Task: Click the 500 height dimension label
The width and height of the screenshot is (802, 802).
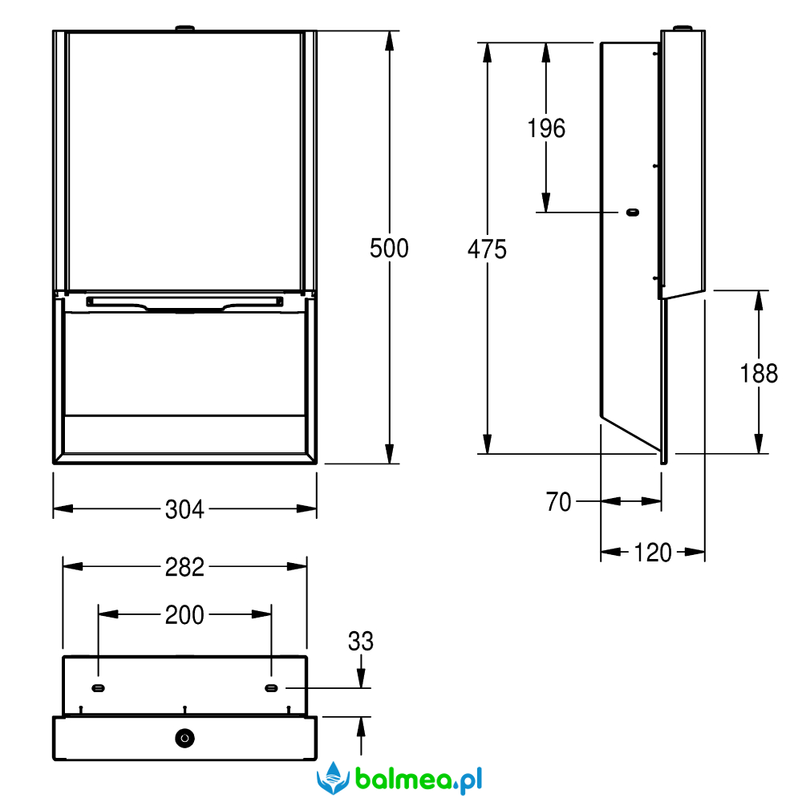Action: click(x=389, y=249)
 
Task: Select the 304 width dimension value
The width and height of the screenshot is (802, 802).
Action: click(x=184, y=509)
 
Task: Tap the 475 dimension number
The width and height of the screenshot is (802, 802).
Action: click(x=487, y=249)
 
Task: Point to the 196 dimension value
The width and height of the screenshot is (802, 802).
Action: click(x=546, y=128)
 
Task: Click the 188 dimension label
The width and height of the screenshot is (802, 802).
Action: click(x=759, y=374)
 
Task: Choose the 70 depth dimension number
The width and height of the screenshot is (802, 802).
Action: click(x=558, y=502)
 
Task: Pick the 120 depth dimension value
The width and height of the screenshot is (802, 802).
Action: click(x=653, y=553)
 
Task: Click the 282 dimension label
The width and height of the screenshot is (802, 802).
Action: click(x=184, y=567)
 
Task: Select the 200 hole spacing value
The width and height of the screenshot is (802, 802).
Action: click(x=184, y=615)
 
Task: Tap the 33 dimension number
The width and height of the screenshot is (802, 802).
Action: click(x=361, y=641)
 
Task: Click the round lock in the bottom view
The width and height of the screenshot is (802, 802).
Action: click(x=184, y=738)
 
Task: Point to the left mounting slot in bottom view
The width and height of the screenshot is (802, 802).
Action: click(x=98, y=688)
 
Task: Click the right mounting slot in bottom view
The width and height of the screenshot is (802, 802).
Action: click(x=271, y=688)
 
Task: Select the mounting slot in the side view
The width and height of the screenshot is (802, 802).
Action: click(x=633, y=213)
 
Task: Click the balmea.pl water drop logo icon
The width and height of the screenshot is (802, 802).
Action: click(x=334, y=778)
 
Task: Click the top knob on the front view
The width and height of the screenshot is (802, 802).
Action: click(x=184, y=27)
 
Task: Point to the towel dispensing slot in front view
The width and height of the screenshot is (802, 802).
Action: click(x=184, y=302)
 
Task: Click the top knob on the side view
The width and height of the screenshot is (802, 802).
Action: click(x=683, y=27)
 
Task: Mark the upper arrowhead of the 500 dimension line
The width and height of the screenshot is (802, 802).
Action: click(x=390, y=40)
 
